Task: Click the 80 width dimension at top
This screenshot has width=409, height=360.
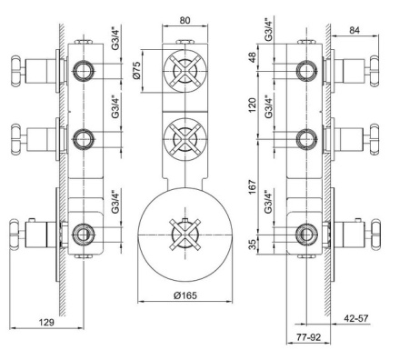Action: (185, 20)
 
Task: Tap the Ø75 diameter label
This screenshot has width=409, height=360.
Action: (136, 70)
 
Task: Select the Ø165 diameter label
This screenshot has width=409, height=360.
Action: (185, 295)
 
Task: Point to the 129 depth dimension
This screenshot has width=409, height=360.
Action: (46, 322)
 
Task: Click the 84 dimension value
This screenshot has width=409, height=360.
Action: (354, 30)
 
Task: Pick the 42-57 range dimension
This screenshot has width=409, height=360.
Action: (356, 318)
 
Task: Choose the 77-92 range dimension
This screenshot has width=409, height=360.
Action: (308, 337)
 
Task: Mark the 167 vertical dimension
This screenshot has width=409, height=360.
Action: (252, 187)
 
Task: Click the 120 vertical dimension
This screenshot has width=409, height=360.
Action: (252, 105)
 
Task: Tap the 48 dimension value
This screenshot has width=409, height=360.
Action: (252, 57)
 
